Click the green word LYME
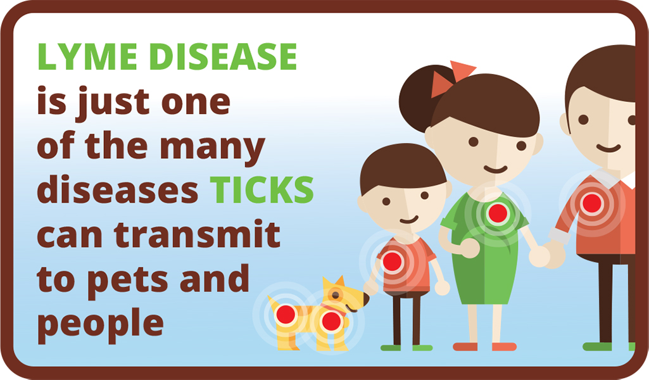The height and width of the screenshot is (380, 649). click(88, 56)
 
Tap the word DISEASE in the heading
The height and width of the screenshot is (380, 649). click(227, 56)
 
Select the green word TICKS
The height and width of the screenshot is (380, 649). click(261, 190)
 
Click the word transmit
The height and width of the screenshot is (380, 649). click(197, 235)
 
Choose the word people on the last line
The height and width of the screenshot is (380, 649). click(101, 325)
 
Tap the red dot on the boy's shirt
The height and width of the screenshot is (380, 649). click(392, 262)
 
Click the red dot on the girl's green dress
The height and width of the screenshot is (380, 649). click(498, 213)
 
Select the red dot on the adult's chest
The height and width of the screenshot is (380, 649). click(592, 203)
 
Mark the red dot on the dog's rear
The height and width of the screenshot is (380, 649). click(286, 315)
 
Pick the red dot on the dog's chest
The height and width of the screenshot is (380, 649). click(331, 321)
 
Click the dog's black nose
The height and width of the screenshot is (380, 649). click(367, 299)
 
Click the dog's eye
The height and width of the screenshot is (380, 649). click(335, 294)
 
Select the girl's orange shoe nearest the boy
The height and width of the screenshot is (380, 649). click(465, 346)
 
